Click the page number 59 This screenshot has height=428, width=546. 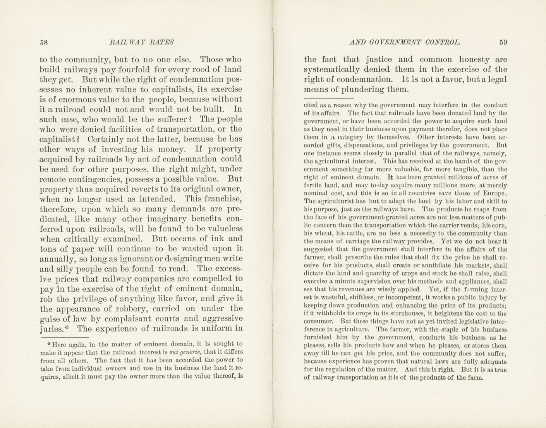(x=503, y=42)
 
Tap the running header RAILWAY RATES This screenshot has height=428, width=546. (x=142, y=42)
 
